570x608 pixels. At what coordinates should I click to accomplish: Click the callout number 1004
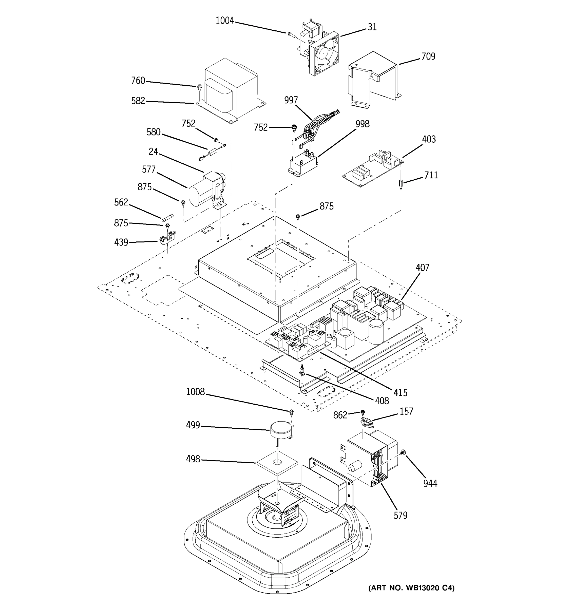[x=225, y=21]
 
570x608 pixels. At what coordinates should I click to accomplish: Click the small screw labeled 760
[x=199, y=87]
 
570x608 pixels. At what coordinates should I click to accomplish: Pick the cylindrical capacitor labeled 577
[x=200, y=191]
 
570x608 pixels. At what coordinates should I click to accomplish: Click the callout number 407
[x=422, y=268]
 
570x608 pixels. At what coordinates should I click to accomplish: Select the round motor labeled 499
[x=280, y=430]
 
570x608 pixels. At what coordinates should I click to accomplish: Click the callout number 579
[x=400, y=516]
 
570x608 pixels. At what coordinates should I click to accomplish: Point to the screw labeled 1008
[x=291, y=412]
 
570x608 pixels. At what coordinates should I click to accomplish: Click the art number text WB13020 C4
[x=411, y=588]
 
